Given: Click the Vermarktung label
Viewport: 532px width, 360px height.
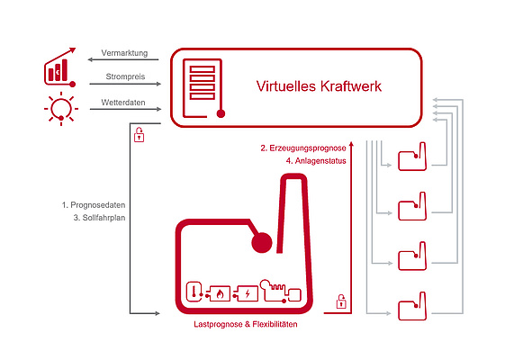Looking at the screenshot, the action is [x=124, y=53].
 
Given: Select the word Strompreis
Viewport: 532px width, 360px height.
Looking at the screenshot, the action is [x=125, y=76].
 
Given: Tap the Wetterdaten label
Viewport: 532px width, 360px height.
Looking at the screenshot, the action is [x=123, y=102].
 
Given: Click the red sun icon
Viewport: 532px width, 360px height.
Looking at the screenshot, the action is [x=61, y=109].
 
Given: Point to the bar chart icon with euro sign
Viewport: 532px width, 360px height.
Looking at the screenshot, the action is [x=59, y=67].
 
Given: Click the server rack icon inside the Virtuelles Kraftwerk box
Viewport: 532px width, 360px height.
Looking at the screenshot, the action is [x=203, y=88].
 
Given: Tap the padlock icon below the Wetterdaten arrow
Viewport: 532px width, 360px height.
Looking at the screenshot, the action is [x=140, y=134].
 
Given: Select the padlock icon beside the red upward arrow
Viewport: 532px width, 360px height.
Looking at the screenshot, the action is [x=341, y=301].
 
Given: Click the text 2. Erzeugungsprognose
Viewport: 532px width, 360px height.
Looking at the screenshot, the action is [x=303, y=148].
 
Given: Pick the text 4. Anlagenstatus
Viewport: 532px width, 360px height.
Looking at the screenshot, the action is [x=316, y=161].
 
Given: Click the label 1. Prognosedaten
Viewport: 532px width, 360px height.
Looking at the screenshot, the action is [x=94, y=205].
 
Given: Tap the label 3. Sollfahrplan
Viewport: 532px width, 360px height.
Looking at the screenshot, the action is [x=99, y=218].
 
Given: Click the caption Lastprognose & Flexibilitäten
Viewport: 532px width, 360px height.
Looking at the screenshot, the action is [x=246, y=324].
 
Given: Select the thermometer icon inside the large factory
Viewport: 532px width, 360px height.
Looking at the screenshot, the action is [x=194, y=292].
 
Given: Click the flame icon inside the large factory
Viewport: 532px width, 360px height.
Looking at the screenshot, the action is [x=220, y=293].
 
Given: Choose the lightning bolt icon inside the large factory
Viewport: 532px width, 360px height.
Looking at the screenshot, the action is [x=248, y=293].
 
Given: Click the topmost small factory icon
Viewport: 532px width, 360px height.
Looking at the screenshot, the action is [x=412, y=157].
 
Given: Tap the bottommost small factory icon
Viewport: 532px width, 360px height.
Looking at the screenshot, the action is [x=412, y=306].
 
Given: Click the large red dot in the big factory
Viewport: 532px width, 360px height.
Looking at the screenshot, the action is [x=262, y=243].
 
